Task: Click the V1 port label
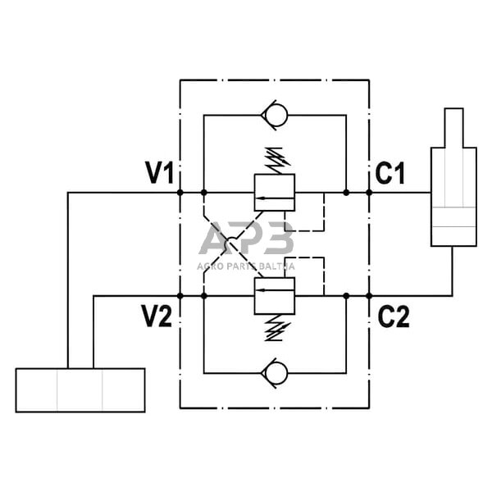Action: pyautogui.click(x=159, y=173)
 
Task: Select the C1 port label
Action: pyautogui.click(x=391, y=173)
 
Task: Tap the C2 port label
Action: pyautogui.click(x=393, y=317)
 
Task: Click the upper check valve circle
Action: pyautogui.click(x=276, y=116)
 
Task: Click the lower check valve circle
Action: pyautogui.click(x=276, y=373)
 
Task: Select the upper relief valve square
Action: pyautogui.click(x=275, y=194)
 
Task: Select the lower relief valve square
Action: pyautogui.click(x=275, y=295)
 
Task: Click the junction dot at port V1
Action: pyautogui.click(x=180, y=193)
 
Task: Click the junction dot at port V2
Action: pyautogui.click(x=180, y=295)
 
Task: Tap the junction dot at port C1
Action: pyautogui.click(x=369, y=193)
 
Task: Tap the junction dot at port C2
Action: pyautogui.click(x=369, y=295)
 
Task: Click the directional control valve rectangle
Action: pyautogui.click(x=80, y=389)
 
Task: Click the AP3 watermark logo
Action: pyautogui.click(x=246, y=240)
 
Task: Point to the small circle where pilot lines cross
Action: pyautogui.click(x=231, y=244)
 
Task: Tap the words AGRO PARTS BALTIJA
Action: pyautogui.click(x=246, y=266)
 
